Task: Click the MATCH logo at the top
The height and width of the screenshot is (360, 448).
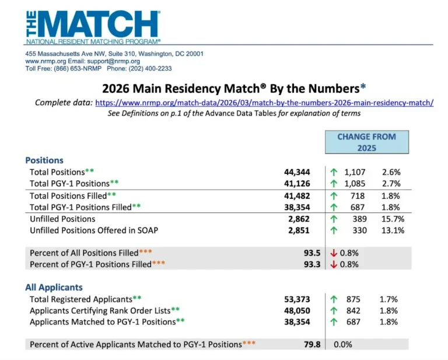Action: point(93,27)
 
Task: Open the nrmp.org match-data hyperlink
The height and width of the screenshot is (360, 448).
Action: point(264,103)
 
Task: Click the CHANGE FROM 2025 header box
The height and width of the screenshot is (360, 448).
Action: point(367,142)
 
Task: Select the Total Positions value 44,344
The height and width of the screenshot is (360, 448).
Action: point(297,172)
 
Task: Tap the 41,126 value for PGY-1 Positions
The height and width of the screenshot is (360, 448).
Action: point(297,184)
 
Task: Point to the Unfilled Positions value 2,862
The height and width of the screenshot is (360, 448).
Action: point(299,219)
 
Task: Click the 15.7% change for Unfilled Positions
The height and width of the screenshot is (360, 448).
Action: point(393,219)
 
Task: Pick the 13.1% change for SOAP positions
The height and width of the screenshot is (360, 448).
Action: point(393,230)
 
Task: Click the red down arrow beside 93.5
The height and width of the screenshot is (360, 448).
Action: point(334,253)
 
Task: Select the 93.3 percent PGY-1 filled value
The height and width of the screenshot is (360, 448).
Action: point(312,264)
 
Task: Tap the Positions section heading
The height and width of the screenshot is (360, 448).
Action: point(44,160)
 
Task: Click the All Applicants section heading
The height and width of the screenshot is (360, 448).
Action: point(54,288)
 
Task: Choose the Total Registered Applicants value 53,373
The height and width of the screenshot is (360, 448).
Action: point(297,299)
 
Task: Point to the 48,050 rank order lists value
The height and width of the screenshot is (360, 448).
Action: point(297,311)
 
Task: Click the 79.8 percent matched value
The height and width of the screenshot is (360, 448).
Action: point(312,345)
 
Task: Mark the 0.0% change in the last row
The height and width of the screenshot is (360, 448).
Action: point(343,345)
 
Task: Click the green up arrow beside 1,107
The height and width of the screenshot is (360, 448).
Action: point(334,172)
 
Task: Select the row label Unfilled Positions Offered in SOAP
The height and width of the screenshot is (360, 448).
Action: point(94,230)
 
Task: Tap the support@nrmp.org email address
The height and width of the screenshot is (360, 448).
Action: point(113,61)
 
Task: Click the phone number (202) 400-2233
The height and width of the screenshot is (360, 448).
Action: point(150,69)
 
